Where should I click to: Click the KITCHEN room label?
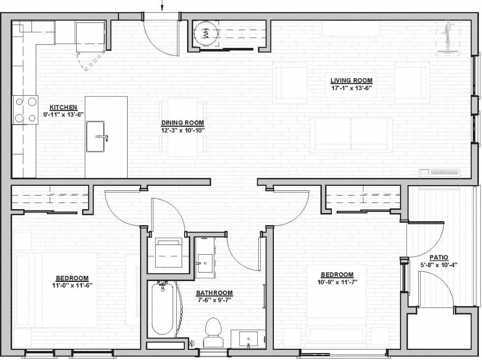click(63, 108)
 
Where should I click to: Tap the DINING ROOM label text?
click(182, 123)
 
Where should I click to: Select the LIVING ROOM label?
click(351, 81)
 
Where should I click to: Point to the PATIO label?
click(439, 257)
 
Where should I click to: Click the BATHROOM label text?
click(214, 293)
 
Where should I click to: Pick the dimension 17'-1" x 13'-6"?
click(351, 88)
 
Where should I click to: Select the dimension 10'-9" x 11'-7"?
click(337, 282)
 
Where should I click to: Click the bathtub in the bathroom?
click(162, 309)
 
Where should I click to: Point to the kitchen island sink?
click(96, 136)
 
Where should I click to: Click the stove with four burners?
click(25, 110)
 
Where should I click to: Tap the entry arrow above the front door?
click(163, 5)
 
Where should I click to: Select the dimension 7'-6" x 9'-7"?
click(214, 300)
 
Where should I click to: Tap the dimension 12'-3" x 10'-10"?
click(182, 130)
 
